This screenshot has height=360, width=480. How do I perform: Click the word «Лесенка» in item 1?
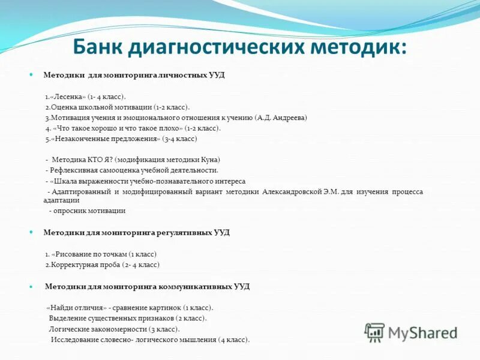pos(68,96)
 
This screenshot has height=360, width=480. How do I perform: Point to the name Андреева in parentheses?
pos(290,118)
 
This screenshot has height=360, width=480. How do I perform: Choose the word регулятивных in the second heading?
pos(184,232)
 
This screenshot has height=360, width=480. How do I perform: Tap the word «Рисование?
pos(75,254)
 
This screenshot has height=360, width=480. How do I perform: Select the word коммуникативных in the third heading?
pos(195,286)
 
